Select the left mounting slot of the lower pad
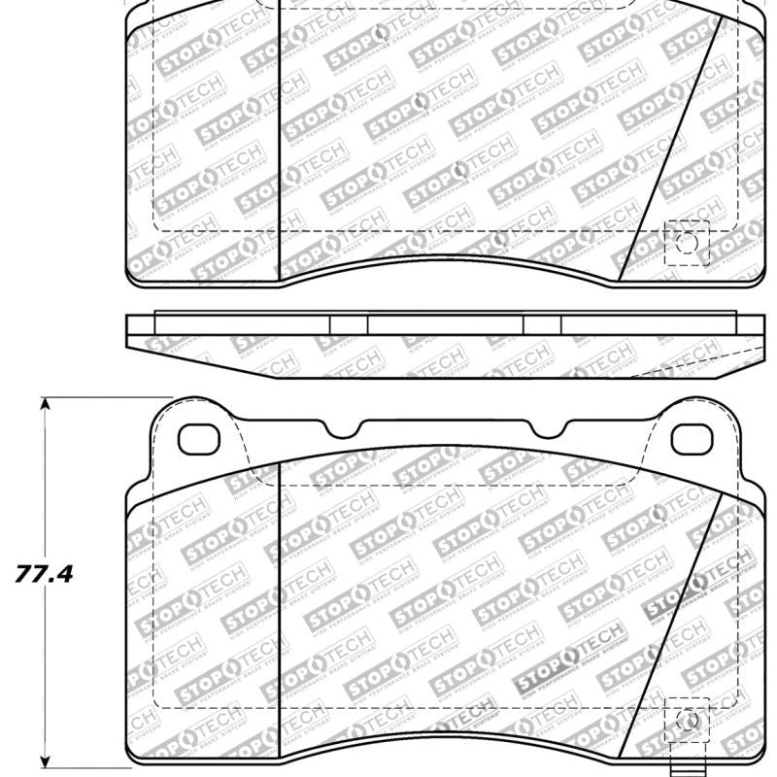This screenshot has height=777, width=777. (x=201, y=439)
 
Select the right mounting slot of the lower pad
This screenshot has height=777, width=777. (x=691, y=439)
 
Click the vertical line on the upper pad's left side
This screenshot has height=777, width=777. (x=280, y=136)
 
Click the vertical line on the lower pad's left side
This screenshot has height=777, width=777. (x=280, y=602)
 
